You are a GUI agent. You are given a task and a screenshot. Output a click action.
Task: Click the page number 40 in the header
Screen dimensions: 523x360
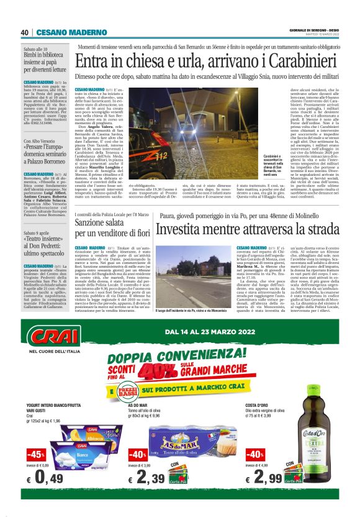coord(24,32)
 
